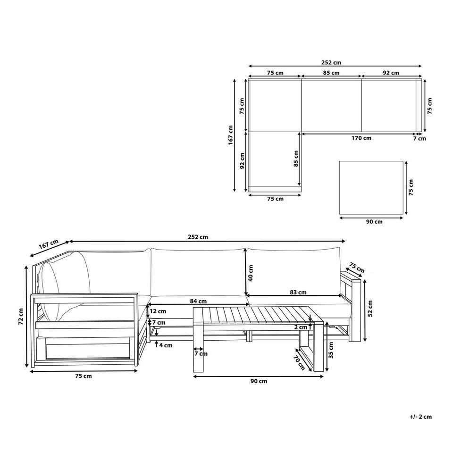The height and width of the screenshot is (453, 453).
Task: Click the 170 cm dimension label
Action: [x=361, y=138]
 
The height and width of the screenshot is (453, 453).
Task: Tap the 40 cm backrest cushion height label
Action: [x=252, y=272]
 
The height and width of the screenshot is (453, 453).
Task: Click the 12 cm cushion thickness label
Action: [x=159, y=311]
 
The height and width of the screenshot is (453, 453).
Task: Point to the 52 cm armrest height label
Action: [x=369, y=308]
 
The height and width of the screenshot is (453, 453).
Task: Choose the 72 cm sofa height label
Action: [x=20, y=318]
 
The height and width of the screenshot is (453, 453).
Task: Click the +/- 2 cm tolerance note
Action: [x=421, y=417]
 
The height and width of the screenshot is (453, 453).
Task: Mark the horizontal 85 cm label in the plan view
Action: [x=331, y=73]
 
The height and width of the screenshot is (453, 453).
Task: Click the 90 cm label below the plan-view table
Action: [x=375, y=222]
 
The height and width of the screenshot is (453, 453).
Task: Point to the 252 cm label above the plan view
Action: [x=331, y=62]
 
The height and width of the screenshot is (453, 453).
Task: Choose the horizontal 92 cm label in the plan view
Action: [x=391, y=73]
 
